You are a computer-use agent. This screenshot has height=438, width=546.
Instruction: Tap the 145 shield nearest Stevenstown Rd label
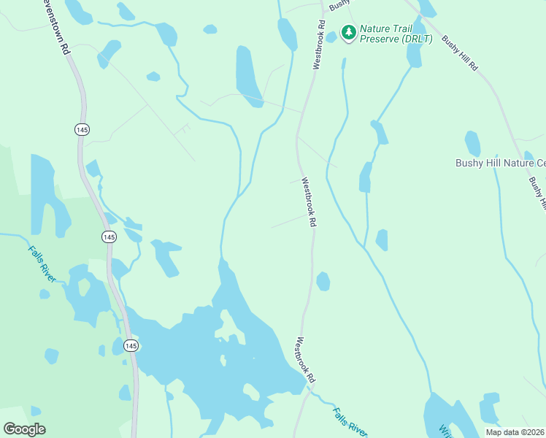[82, 129]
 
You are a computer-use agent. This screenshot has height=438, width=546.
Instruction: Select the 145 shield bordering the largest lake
[131, 345]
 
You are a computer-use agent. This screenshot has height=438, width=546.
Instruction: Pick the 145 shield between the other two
[109, 237]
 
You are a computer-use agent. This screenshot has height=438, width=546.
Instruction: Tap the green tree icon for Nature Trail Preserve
[349, 32]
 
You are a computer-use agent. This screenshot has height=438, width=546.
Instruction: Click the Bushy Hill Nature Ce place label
[501, 163]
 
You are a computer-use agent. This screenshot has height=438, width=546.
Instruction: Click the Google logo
[24, 429]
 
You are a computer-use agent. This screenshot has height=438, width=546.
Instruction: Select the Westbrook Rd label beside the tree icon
[319, 45]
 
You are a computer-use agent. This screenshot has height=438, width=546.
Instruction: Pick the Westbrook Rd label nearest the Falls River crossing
[305, 360]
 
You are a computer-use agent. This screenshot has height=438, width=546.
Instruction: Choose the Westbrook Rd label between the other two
[309, 202]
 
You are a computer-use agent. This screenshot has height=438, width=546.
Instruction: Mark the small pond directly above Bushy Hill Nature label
[473, 143]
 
